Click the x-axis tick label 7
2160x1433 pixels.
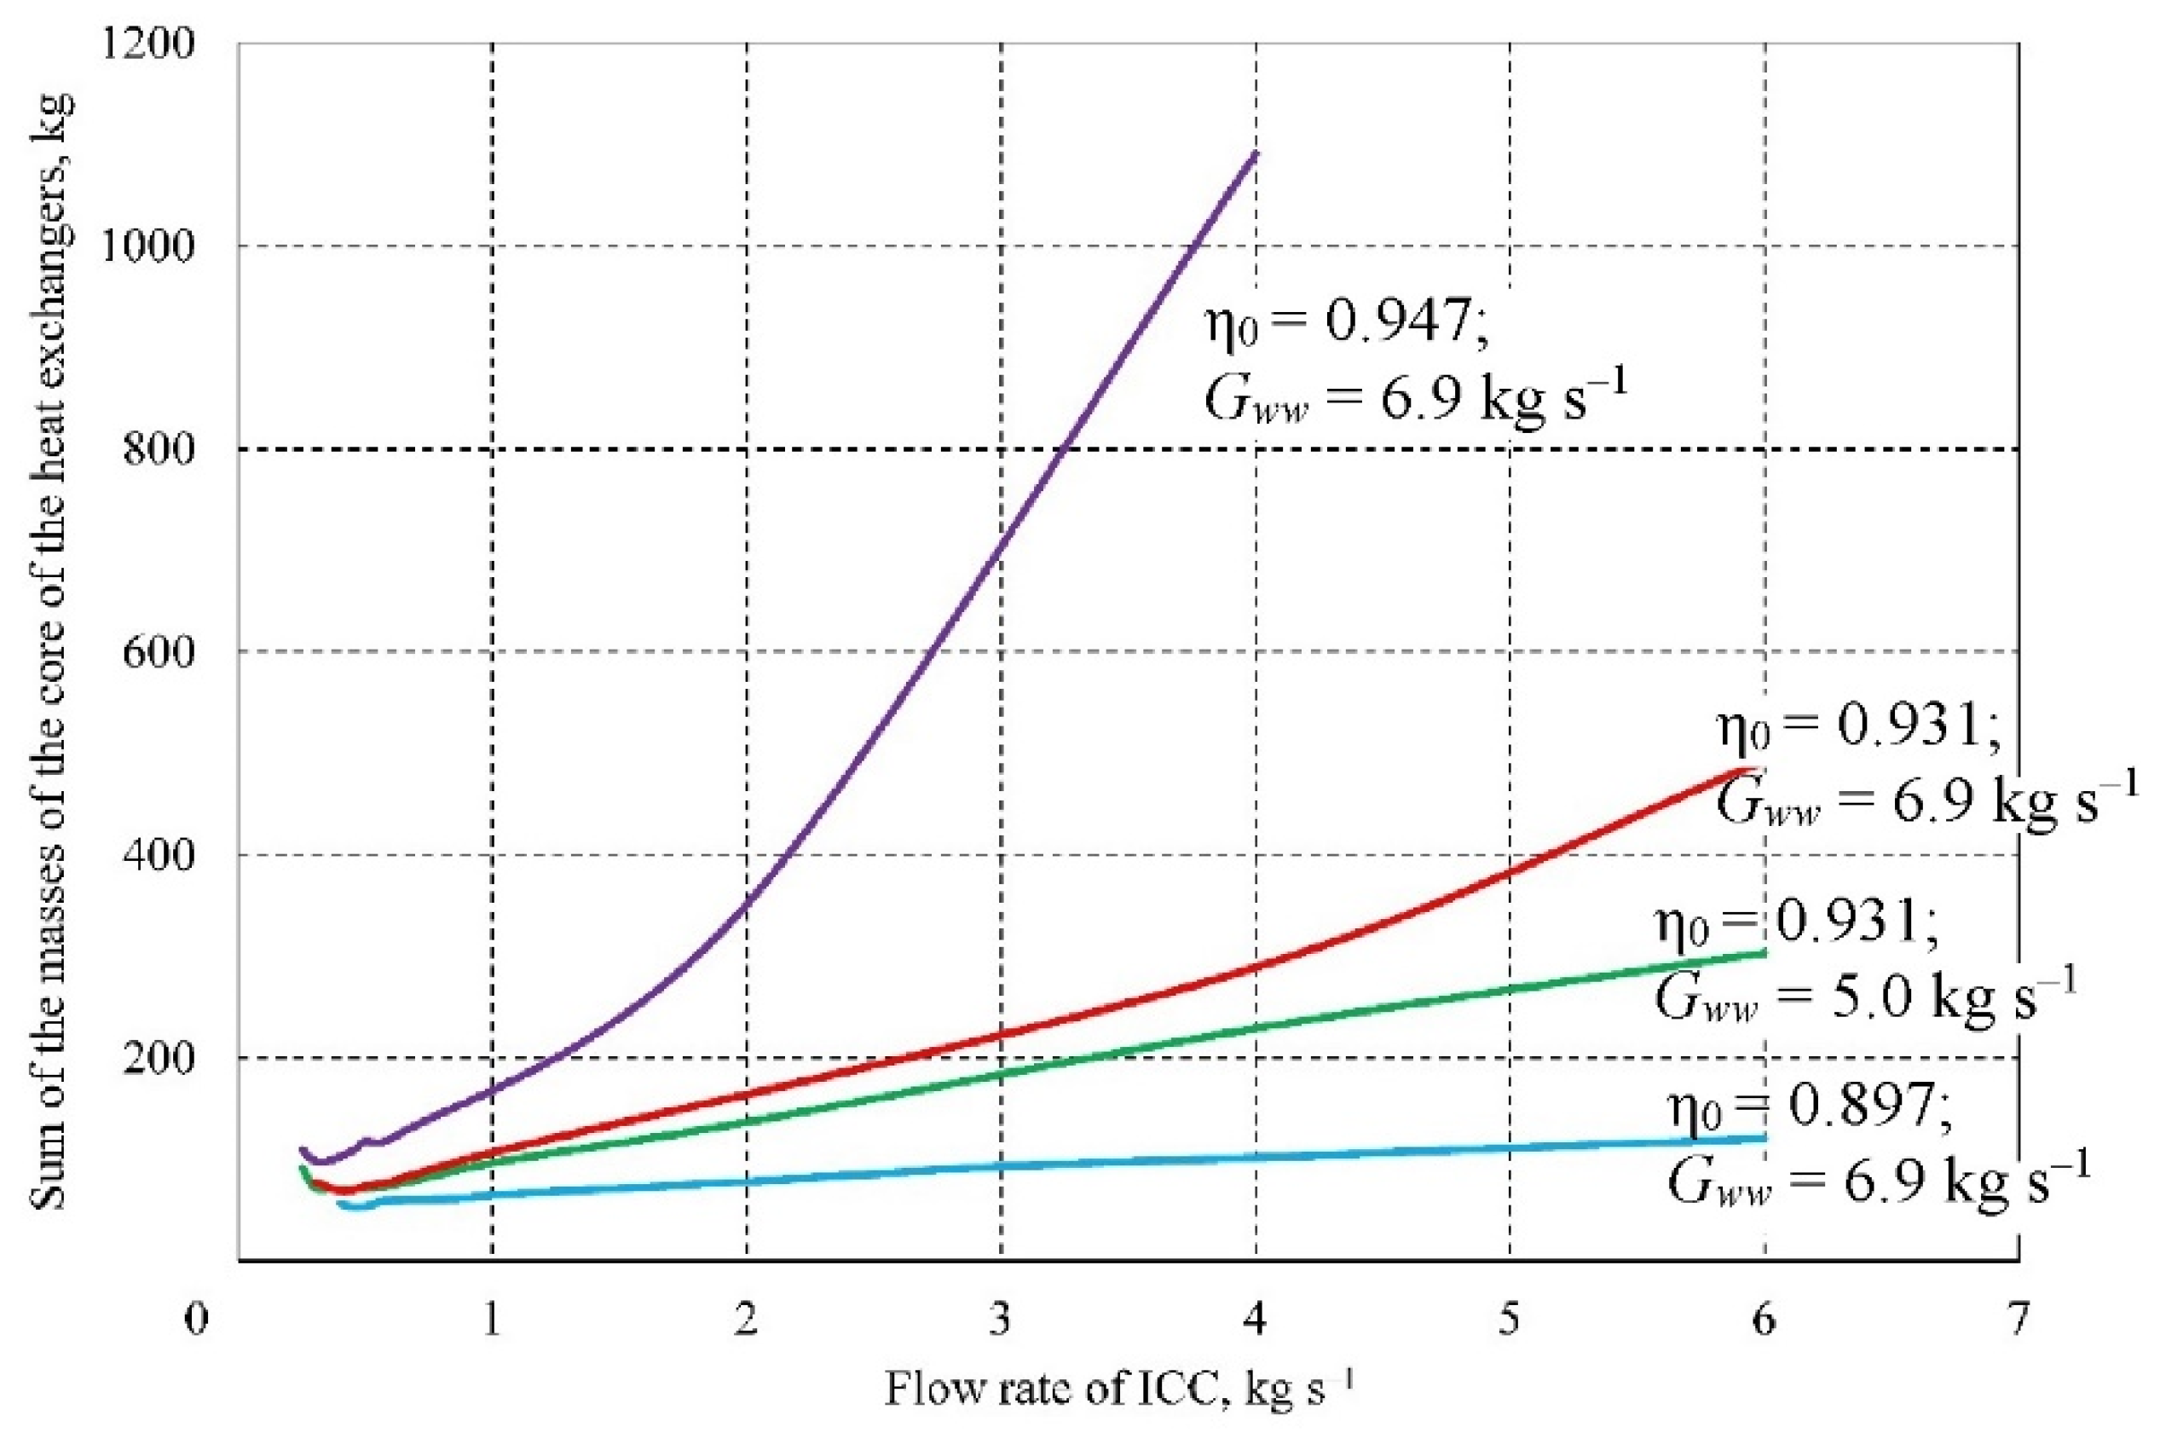tap(2018, 1320)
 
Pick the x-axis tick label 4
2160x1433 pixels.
tap(1256, 1320)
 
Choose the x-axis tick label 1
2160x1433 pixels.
tap(493, 1320)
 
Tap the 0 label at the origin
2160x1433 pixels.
tap(195, 1320)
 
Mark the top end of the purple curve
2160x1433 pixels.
tap(1256, 153)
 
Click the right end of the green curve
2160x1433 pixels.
tap(1764, 953)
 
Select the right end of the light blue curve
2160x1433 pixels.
tap(1764, 1138)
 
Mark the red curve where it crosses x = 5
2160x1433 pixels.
tap(1510, 872)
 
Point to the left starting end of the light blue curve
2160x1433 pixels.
tap(341, 1205)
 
